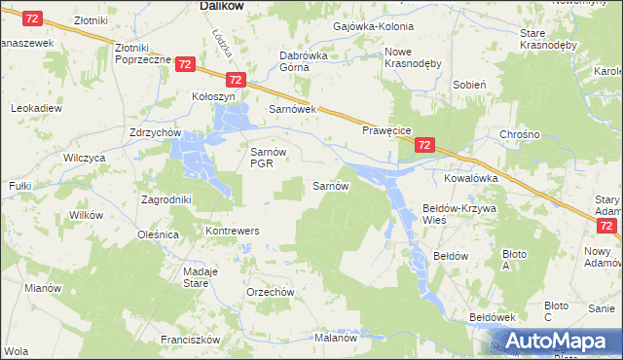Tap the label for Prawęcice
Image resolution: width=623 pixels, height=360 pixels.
pyautogui.click(x=387, y=129)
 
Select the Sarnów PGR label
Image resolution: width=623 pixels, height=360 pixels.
pyautogui.click(x=267, y=158)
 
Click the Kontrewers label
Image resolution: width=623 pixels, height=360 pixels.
pyautogui.click(x=231, y=231)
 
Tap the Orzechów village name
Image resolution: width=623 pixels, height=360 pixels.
pyautogui.click(x=270, y=292)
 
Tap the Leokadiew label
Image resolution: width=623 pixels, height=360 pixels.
pyautogui.click(x=35, y=109)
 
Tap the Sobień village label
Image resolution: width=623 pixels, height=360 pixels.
pyautogui.click(x=469, y=85)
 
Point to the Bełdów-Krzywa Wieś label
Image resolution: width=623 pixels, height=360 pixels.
pyautogui.click(x=458, y=214)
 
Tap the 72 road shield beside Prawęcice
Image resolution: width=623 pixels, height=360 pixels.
pyautogui.click(x=423, y=146)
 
